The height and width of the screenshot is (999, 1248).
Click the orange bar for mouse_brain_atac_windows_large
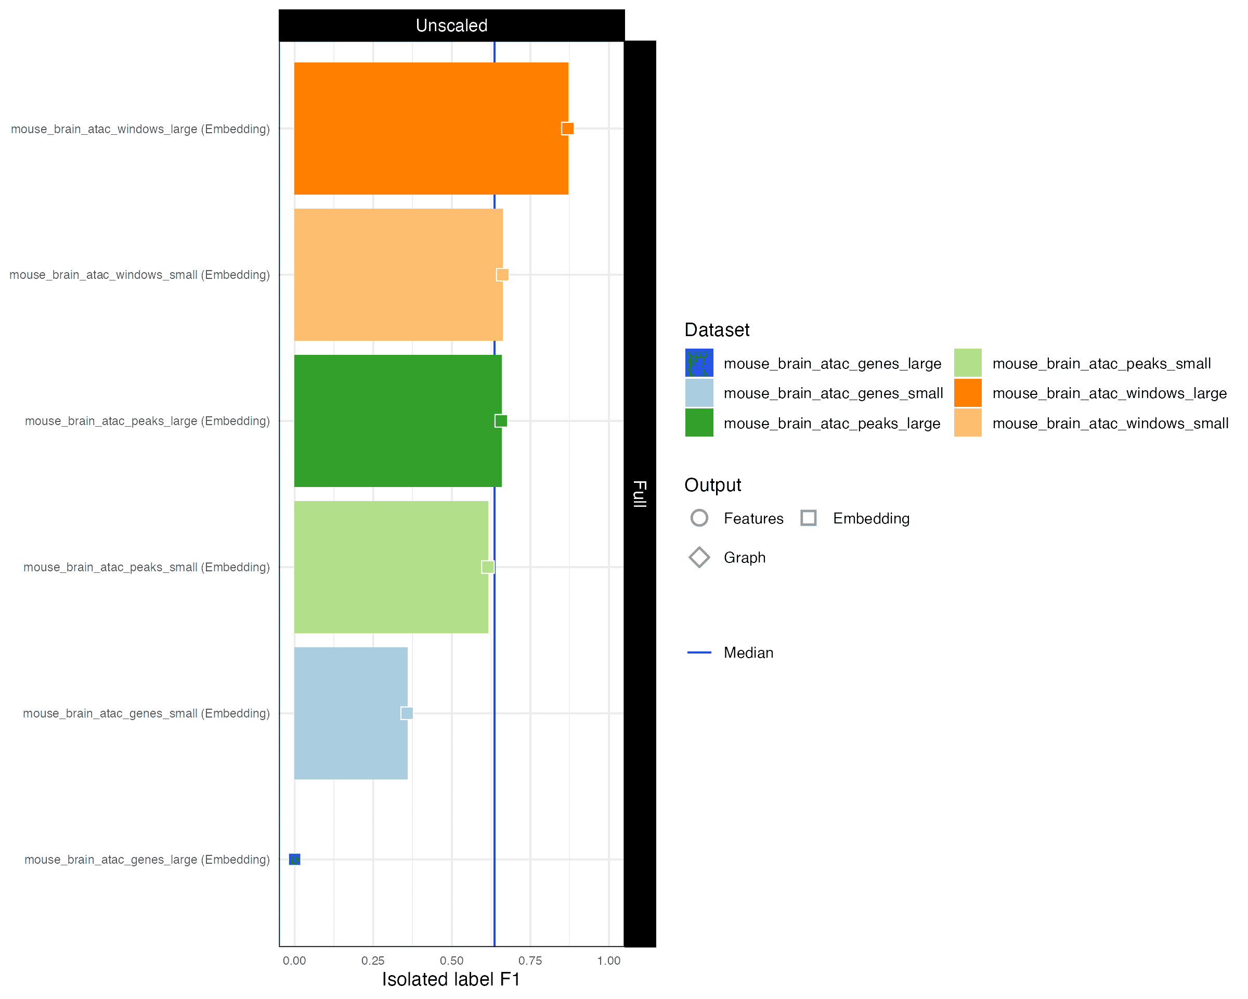coord(431,129)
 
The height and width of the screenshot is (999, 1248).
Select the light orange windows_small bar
coord(398,275)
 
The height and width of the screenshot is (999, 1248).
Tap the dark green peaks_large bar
coord(398,421)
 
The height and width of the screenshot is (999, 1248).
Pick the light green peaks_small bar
coord(392,567)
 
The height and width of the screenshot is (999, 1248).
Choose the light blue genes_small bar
coord(351,713)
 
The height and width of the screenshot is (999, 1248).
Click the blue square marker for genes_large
coord(295,860)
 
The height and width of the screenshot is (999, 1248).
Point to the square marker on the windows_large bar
coord(568,129)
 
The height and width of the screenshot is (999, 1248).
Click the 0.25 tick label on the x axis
coord(373,961)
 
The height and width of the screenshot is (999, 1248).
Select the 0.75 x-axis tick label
coord(530,961)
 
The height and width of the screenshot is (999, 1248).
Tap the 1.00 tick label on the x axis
coord(609,961)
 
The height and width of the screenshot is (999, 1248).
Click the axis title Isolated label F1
coord(451,979)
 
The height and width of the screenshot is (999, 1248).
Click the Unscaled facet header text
coord(451,25)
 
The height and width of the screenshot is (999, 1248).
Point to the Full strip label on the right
coord(640,494)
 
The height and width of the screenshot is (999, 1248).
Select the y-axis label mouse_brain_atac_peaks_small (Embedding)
coord(147,568)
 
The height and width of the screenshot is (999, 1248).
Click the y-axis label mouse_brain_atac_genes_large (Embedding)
coord(147,860)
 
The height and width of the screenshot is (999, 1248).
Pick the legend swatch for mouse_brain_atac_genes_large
coord(699,363)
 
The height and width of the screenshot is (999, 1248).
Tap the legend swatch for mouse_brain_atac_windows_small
coord(968,423)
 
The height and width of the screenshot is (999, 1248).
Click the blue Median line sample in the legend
coord(699,652)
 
